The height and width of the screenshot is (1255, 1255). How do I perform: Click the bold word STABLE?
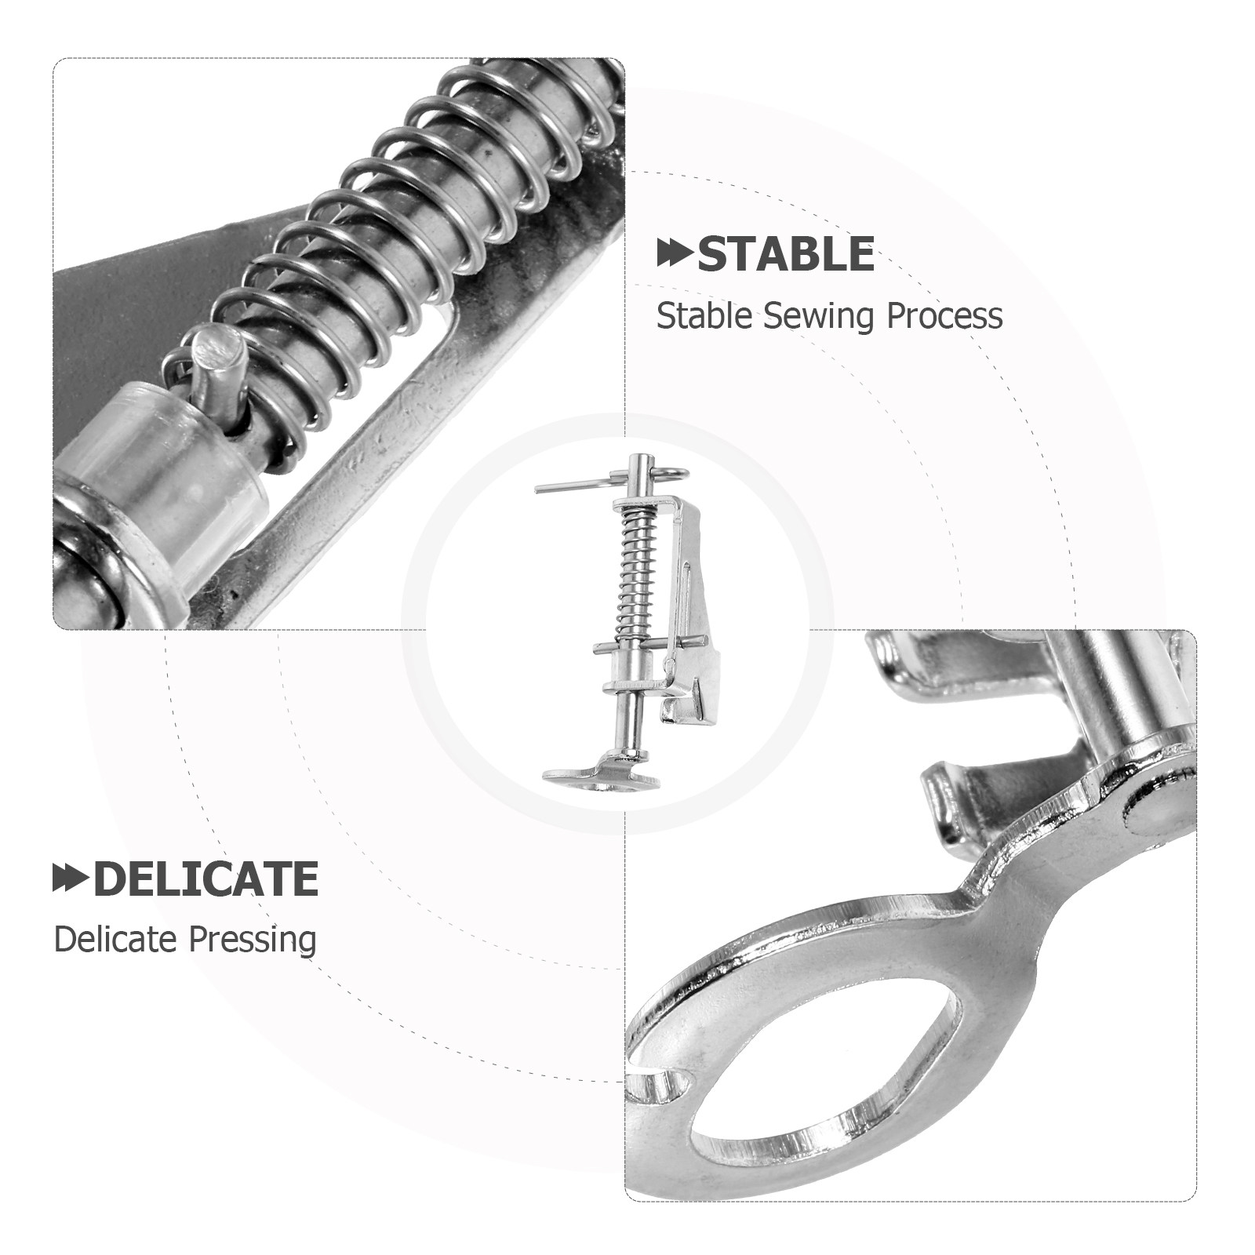click(x=785, y=254)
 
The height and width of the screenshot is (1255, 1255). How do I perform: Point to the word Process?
click(x=944, y=316)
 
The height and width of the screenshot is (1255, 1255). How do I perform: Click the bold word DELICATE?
click(x=206, y=878)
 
